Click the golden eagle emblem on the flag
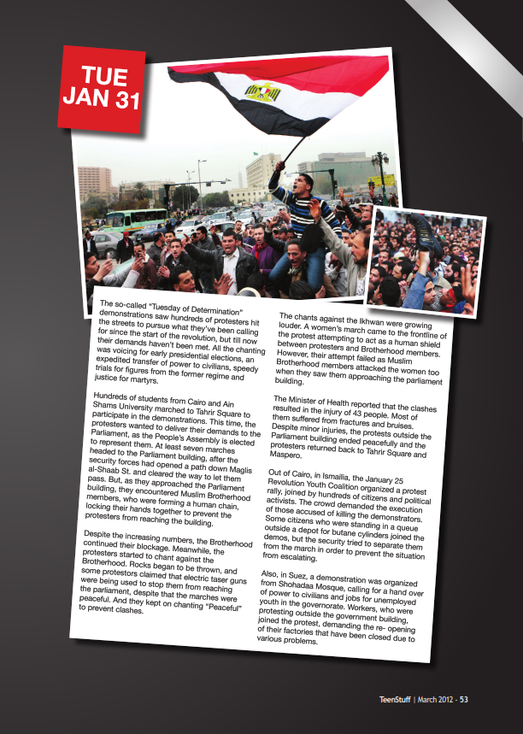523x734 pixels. (x=263, y=91)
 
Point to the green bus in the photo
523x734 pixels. (x=135, y=219)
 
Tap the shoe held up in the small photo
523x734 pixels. (x=423, y=228)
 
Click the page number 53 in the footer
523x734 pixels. (x=464, y=700)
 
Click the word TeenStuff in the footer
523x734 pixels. (x=397, y=700)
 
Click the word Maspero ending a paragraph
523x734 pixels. (x=287, y=454)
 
